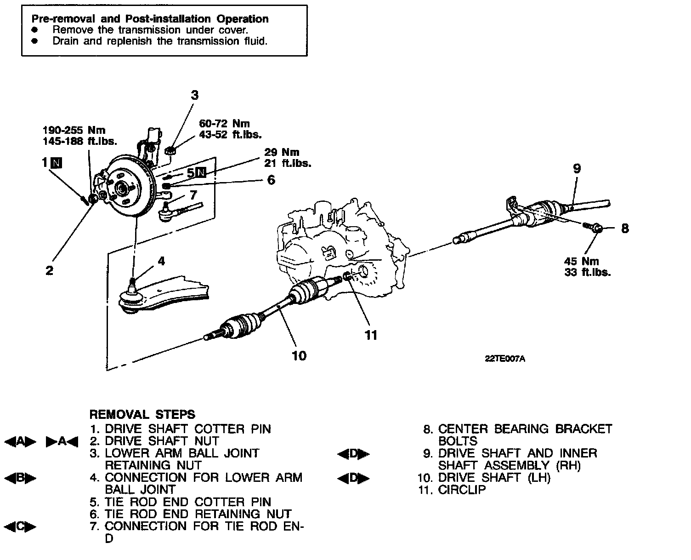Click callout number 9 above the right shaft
tap(577, 169)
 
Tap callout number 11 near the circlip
tap(371, 335)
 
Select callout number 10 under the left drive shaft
tap(299, 355)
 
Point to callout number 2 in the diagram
tap(49, 270)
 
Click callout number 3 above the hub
tap(195, 95)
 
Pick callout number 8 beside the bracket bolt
tap(624, 228)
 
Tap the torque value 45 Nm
tap(582, 261)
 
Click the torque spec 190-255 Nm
tap(74, 130)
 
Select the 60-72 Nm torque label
tap(224, 124)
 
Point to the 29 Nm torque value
tap(281, 152)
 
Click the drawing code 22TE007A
tap(505, 360)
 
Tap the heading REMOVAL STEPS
tap(142, 414)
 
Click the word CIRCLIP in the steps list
tap(462, 490)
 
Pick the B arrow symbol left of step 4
tap(20, 478)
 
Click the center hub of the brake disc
tap(122, 188)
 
